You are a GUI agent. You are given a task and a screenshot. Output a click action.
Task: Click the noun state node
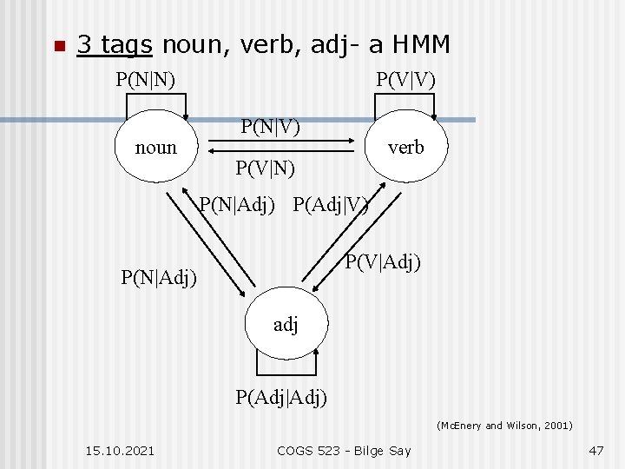click(155, 147)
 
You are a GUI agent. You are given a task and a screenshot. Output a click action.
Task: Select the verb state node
click(406, 147)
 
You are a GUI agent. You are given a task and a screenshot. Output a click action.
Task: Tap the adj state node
click(286, 326)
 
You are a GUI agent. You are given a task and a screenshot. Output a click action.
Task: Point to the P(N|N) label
click(146, 80)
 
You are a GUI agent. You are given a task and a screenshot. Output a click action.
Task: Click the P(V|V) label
click(405, 80)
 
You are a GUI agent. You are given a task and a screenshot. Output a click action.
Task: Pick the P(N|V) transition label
click(270, 127)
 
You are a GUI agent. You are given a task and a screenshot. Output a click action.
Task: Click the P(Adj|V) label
click(331, 206)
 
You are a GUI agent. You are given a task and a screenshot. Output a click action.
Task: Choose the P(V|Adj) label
click(383, 261)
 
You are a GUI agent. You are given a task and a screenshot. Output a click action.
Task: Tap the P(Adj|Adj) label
click(282, 398)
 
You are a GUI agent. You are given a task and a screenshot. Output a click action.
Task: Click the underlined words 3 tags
click(115, 44)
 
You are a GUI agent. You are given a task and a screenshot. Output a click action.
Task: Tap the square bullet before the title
click(57, 46)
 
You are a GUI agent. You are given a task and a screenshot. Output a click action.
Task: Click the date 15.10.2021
click(121, 450)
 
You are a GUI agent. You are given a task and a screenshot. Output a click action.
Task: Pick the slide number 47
click(595, 450)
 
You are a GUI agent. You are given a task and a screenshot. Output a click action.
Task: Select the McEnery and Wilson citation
click(504, 426)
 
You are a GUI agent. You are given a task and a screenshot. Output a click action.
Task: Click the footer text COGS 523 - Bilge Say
click(344, 450)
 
